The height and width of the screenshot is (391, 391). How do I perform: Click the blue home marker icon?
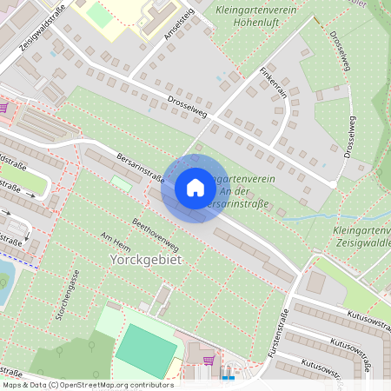tap(195, 188)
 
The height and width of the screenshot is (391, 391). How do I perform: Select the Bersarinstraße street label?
tap(140, 168)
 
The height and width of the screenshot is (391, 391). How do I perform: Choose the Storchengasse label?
tap(68, 295)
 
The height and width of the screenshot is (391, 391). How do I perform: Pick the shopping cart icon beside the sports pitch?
tap(209, 359)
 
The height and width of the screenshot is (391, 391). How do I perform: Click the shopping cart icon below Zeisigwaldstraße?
tap(4, 108)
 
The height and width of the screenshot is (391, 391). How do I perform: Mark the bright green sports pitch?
tap(146, 350)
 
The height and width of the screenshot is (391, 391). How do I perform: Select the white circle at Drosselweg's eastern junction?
tap(333, 184)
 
